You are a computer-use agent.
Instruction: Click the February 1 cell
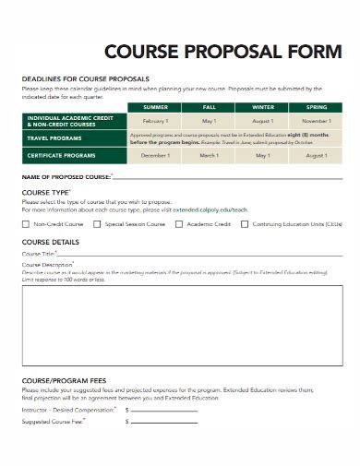pyautogui.click(x=155, y=122)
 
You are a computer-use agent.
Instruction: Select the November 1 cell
pyautogui.click(x=316, y=122)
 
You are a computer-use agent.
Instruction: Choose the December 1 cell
pyautogui.click(x=155, y=156)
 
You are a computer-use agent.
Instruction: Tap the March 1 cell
pyautogui.click(x=209, y=156)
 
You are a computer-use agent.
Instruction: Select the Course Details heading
pyautogui.click(x=52, y=242)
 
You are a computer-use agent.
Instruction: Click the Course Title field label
pyautogui.click(x=38, y=254)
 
